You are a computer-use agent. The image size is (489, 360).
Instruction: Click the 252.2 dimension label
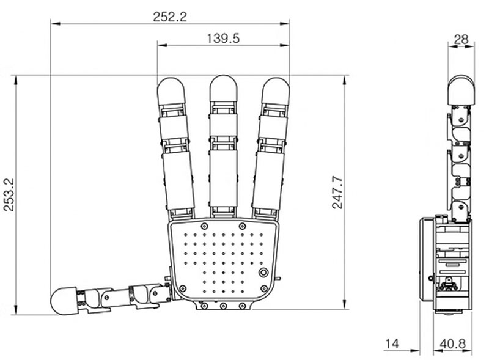click(x=170, y=17)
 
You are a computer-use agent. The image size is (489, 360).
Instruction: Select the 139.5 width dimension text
click(x=223, y=39)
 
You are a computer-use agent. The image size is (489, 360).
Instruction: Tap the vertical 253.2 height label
click(x=9, y=194)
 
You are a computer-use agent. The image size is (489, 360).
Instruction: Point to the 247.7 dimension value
click(x=337, y=193)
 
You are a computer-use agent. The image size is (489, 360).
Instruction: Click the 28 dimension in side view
click(x=461, y=39)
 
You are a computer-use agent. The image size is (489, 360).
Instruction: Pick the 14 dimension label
click(x=392, y=343)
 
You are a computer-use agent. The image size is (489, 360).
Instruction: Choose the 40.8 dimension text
click(x=452, y=343)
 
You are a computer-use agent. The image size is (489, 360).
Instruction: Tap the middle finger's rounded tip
click(x=223, y=88)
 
